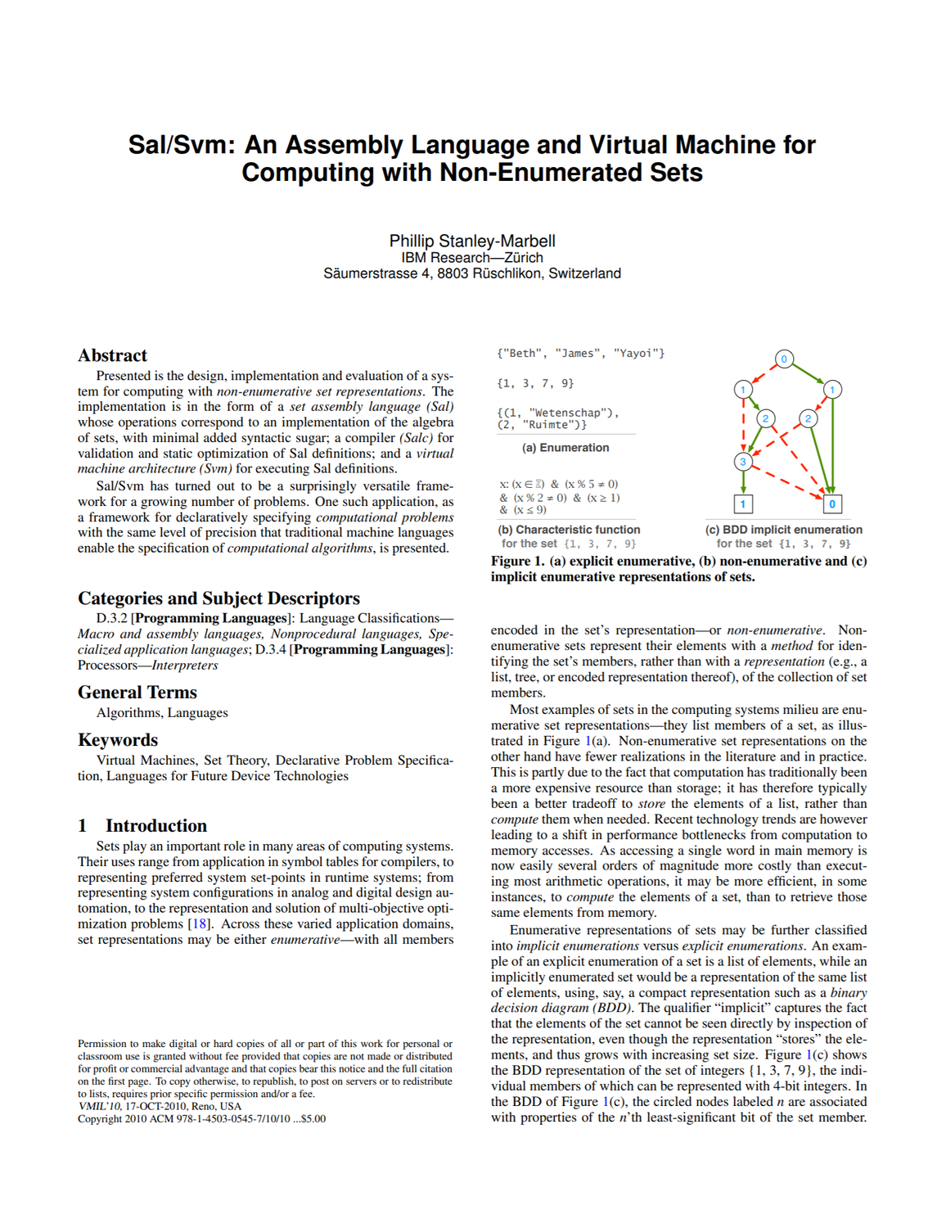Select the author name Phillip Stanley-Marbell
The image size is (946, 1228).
[472, 241]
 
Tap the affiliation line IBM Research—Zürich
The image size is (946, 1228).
[472, 257]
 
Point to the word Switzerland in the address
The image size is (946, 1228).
[584, 273]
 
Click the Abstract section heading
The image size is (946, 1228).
[112, 355]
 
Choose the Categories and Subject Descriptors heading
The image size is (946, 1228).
[218, 598]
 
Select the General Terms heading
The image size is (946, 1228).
[137, 693]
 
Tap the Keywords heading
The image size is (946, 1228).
[118, 740]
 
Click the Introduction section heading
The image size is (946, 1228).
[155, 825]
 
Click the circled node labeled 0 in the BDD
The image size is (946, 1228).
[784, 359]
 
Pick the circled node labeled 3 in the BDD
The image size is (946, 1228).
[743, 462]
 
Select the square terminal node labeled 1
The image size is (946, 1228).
[743, 504]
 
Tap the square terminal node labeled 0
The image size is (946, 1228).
[832, 504]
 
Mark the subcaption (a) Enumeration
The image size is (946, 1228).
[565, 448]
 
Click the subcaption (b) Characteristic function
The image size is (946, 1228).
[570, 530]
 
